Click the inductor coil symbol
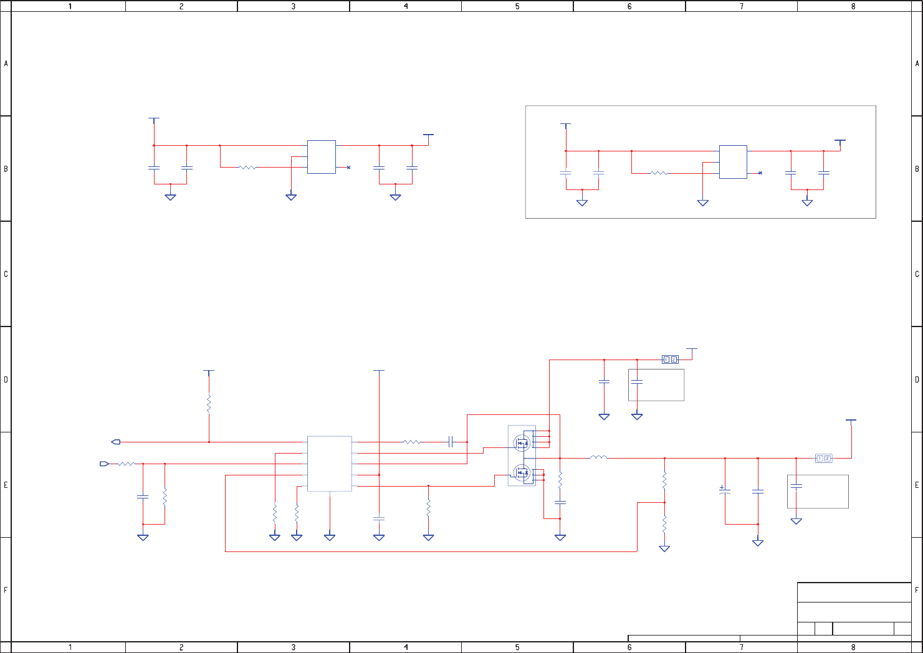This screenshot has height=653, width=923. coord(598,458)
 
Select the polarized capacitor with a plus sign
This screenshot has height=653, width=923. coord(724,491)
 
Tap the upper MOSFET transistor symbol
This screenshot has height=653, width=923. coord(522,443)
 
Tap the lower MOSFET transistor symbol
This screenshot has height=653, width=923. coord(522,471)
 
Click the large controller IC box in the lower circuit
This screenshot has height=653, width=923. coord(329,464)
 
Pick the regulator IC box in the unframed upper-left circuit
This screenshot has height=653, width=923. coord(321,157)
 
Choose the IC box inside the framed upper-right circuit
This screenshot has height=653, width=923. coord(733,162)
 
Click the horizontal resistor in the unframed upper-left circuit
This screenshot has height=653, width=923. coord(247,167)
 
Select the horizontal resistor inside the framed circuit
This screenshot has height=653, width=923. coord(659,173)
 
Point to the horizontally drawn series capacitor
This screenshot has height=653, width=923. coord(450,442)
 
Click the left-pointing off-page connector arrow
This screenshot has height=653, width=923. coord(116,442)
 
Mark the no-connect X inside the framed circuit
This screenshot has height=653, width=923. coord(760,173)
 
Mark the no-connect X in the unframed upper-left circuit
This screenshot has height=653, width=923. coord(348,167)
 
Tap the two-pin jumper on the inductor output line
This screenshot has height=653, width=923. coord(823,459)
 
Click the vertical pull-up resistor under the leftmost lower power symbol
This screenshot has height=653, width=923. coord(209,404)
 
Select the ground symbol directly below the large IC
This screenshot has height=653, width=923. coord(330,537)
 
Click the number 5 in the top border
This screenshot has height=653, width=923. coord(517,6)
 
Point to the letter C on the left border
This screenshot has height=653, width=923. coord(6,274)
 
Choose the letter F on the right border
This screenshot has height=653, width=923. coord(917,590)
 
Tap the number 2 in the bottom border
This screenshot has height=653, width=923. coord(181,647)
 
